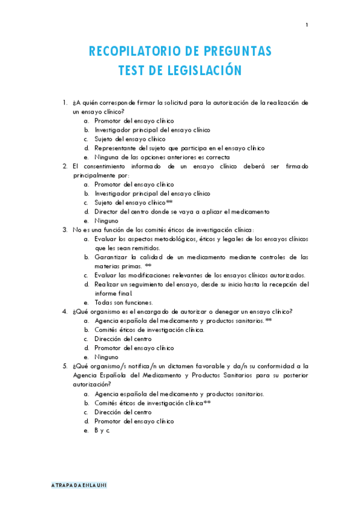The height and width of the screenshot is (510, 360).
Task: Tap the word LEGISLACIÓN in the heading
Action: click(203, 71)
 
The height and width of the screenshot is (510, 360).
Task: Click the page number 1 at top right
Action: click(307, 25)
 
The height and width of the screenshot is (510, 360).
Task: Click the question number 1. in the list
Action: click(65, 102)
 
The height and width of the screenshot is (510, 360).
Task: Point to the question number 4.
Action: click(65, 312)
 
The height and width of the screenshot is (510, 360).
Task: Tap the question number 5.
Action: click(65, 366)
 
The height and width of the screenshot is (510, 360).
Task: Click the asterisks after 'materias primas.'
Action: click(148, 266)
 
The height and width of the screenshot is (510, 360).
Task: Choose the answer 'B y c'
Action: click(102, 431)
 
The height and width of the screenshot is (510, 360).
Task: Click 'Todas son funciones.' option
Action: click(124, 303)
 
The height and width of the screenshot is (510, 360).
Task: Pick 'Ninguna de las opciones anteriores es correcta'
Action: click(162, 158)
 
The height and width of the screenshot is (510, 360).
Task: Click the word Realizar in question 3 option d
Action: click(106, 284)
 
